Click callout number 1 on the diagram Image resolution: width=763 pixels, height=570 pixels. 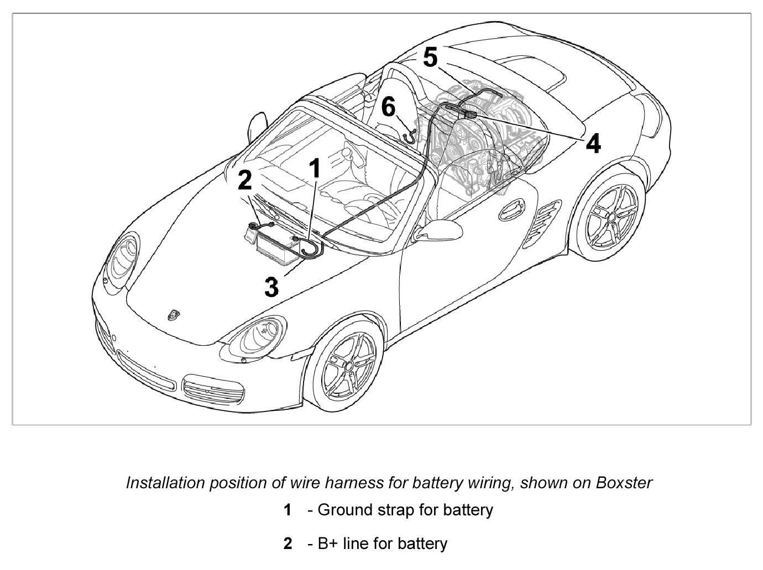[315, 168]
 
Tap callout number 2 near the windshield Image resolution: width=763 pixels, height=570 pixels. [244, 181]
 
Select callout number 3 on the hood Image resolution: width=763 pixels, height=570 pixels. [271, 287]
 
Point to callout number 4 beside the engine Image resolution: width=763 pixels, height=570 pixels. [593, 144]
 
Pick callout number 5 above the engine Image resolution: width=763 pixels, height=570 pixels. [430, 57]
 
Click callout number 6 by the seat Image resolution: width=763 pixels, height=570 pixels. [389, 107]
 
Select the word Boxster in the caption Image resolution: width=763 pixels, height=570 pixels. [624, 483]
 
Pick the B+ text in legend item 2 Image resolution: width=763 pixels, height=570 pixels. [328, 543]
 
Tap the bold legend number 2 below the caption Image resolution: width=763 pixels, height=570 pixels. [288, 544]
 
